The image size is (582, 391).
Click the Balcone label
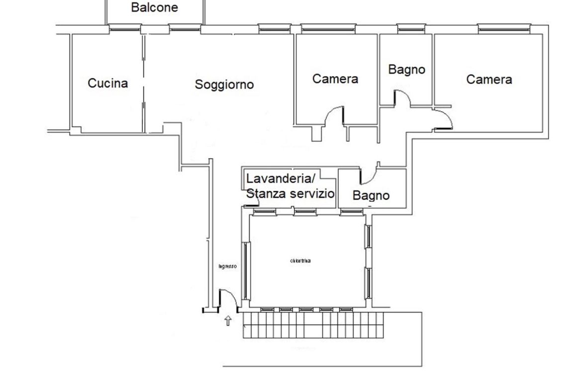coord(154,8)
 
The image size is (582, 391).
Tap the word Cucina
coord(108,83)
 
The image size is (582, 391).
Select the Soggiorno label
coord(224,85)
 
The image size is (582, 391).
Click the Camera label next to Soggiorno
coord(335,79)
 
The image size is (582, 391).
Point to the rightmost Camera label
coord(489,80)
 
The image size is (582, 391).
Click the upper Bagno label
coord(407,70)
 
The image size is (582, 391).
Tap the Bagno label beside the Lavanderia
coord(371,196)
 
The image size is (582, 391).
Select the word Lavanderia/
coord(281,178)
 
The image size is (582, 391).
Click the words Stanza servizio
coord(291,194)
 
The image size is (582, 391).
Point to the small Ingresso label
coord(227,266)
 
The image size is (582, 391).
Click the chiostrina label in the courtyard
coord(300,261)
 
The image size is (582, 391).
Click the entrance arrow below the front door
coord(228,321)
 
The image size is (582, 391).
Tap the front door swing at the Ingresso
coord(228,299)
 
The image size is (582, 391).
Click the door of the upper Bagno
coord(401,98)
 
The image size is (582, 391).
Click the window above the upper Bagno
coord(411,29)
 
